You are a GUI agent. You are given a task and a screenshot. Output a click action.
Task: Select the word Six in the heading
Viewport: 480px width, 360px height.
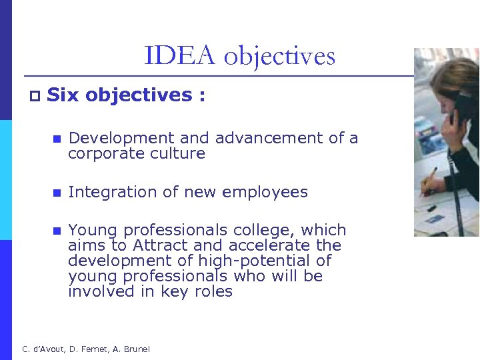click(x=63, y=95)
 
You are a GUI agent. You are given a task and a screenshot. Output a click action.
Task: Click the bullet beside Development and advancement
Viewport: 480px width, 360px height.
click(x=57, y=139)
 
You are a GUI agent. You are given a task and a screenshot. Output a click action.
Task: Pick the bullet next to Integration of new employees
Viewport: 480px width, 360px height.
click(x=57, y=193)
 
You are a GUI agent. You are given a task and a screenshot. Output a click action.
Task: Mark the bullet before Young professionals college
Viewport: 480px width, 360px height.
click(x=57, y=231)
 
